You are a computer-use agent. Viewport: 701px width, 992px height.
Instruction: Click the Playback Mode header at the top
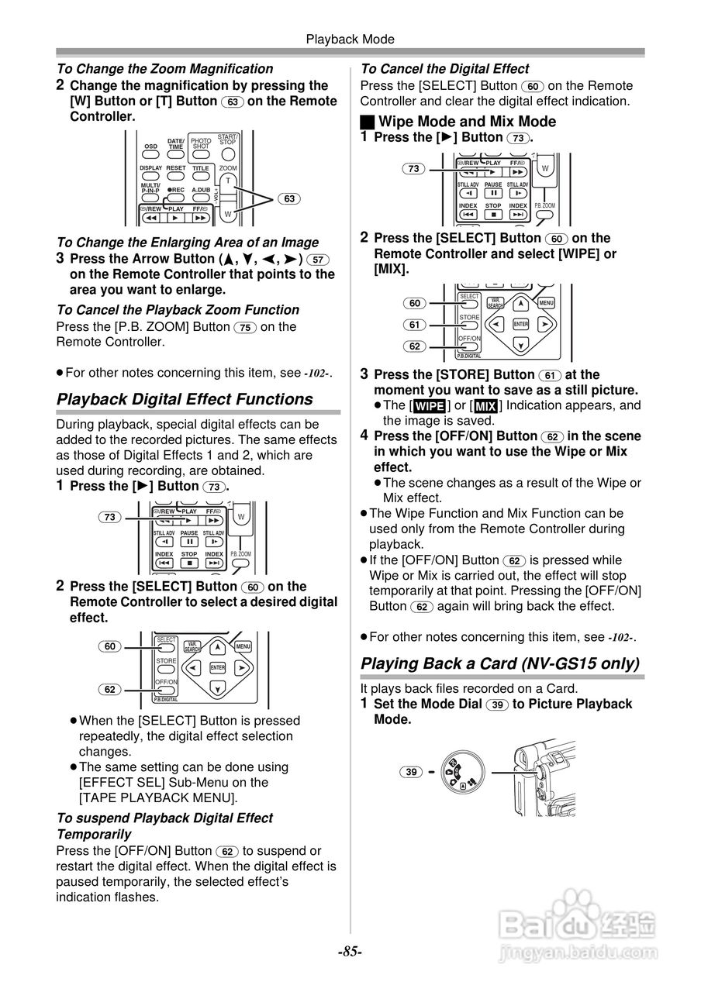(350, 40)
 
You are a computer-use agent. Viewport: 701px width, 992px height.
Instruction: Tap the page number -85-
(350, 952)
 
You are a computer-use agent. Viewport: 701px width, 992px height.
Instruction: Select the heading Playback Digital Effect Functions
(185, 399)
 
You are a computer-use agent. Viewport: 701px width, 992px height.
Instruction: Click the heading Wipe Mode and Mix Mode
(466, 121)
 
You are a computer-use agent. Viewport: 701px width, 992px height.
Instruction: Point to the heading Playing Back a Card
(500, 663)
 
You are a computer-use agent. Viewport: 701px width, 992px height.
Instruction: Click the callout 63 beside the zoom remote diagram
(289, 199)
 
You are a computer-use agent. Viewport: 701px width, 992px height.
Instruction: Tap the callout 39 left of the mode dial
(412, 771)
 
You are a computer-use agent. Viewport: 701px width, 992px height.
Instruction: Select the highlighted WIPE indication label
(429, 406)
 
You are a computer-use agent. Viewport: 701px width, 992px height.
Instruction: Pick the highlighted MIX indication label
(485, 406)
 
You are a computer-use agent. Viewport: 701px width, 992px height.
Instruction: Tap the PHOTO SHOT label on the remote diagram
(201, 143)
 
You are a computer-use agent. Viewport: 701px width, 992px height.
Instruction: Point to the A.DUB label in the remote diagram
(201, 190)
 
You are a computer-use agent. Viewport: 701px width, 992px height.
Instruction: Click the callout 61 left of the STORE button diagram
(415, 325)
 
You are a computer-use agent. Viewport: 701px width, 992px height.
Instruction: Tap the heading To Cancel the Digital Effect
(445, 69)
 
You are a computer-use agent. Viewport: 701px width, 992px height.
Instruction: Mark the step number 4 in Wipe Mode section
(364, 435)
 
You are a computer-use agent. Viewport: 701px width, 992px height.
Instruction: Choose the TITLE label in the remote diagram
(201, 168)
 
